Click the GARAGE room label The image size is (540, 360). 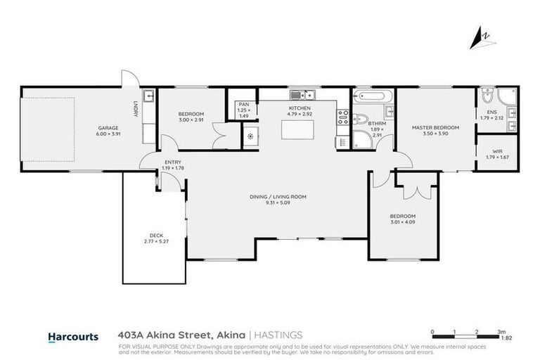tap(108, 127)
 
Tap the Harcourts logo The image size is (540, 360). tap(72, 337)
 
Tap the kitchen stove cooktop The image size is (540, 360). tap(343, 117)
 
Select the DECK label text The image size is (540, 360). tap(156, 236)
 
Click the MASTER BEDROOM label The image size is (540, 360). tap(435, 127)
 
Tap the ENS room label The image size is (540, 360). tap(491, 111)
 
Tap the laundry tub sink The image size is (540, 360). tap(149, 96)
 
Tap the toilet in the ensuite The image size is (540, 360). tap(487, 94)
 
